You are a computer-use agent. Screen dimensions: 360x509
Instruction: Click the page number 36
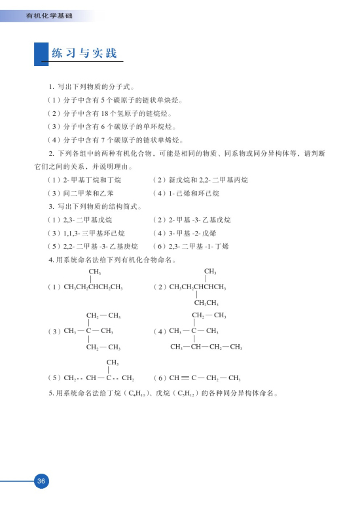(41, 482)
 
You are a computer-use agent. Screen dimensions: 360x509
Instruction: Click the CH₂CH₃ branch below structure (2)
(206, 302)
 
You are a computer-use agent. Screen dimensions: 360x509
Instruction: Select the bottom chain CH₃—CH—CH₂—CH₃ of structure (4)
(206, 346)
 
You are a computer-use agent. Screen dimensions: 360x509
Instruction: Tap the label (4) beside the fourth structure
(159, 331)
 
